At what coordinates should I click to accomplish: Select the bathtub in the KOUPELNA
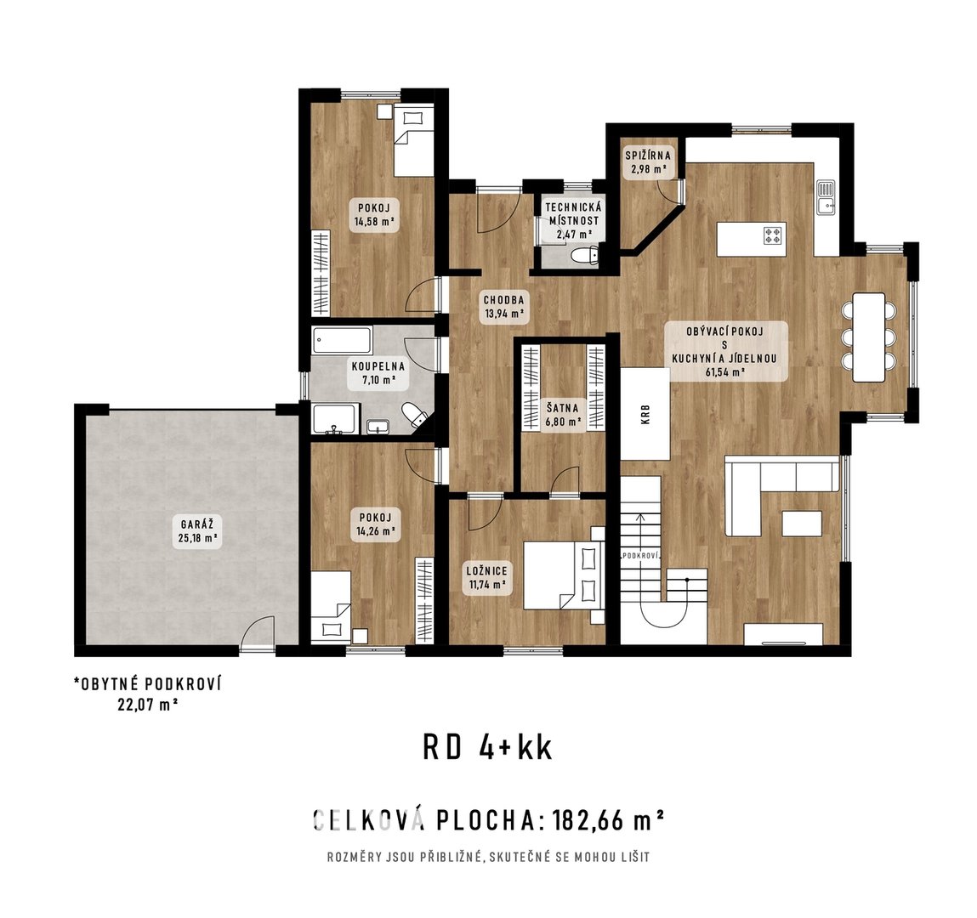(x=343, y=341)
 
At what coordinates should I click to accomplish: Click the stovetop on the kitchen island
(x=773, y=235)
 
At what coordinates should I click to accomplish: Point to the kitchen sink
(x=826, y=197)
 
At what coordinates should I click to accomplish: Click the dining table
(x=869, y=337)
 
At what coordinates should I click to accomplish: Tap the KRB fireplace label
(x=645, y=415)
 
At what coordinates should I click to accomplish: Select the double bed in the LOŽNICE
(x=563, y=575)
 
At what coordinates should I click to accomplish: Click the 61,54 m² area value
(x=726, y=372)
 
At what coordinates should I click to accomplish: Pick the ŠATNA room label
(x=563, y=409)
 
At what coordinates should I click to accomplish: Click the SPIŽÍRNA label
(x=648, y=156)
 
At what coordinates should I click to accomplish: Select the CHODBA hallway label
(x=504, y=300)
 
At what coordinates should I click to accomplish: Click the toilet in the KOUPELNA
(x=414, y=415)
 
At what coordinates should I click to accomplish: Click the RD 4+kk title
(x=488, y=748)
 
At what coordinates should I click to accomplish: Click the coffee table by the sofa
(x=803, y=523)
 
